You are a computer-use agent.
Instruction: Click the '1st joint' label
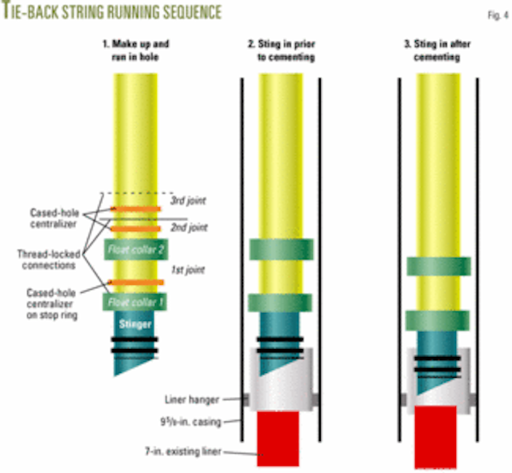click(183, 271)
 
